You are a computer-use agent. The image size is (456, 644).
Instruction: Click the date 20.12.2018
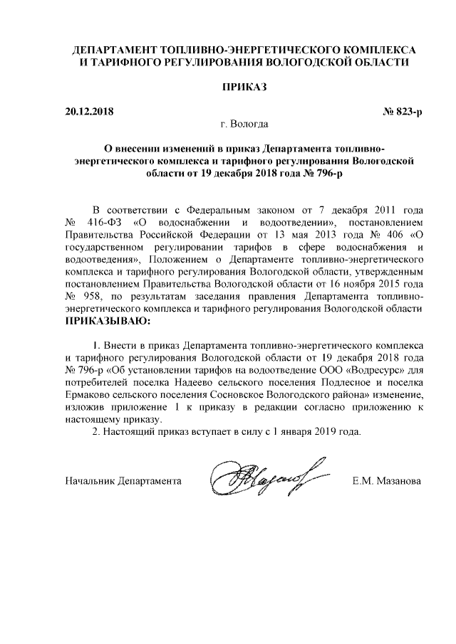pos(89,112)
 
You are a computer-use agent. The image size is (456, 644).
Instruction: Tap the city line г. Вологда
pos(244,125)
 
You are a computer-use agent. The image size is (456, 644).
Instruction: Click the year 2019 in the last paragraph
pos(323,432)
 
